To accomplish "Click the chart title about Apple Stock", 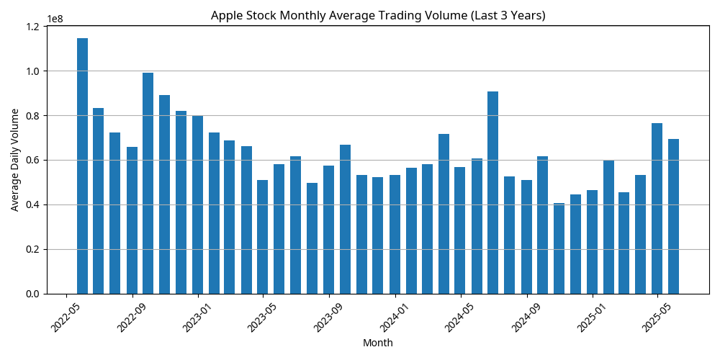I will point(378,15).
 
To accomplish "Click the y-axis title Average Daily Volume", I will point(15,160).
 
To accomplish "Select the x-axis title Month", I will point(378,343).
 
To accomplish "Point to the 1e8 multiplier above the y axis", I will point(55,20).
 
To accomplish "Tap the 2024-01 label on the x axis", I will point(393,318).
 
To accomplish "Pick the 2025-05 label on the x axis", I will point(655,318).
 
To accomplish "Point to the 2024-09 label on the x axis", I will point(525,318).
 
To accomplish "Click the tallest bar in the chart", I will point(83,166).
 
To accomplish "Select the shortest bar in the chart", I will point(559,248).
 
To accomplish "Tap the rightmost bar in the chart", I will point(674,216).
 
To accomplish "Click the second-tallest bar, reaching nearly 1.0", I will point(148,184).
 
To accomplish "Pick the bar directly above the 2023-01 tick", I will point(197,204).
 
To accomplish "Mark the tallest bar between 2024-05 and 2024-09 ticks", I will point(493,193).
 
